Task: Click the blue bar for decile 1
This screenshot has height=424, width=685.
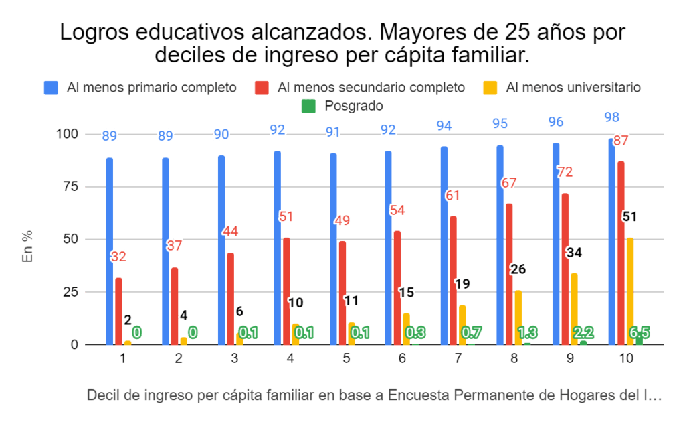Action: coord(110,251)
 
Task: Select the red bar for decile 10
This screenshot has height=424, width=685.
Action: coord(621,253)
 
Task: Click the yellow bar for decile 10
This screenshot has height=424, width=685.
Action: coord(630,291)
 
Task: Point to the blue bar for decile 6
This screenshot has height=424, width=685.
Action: coord(389,248)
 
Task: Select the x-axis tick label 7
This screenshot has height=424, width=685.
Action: coord(458,359)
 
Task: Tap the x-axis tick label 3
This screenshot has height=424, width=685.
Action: coord(234,359)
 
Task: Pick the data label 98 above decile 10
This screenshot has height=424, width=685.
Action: coord(611,117)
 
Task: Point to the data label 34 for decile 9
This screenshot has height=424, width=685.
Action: coord(574,253)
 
